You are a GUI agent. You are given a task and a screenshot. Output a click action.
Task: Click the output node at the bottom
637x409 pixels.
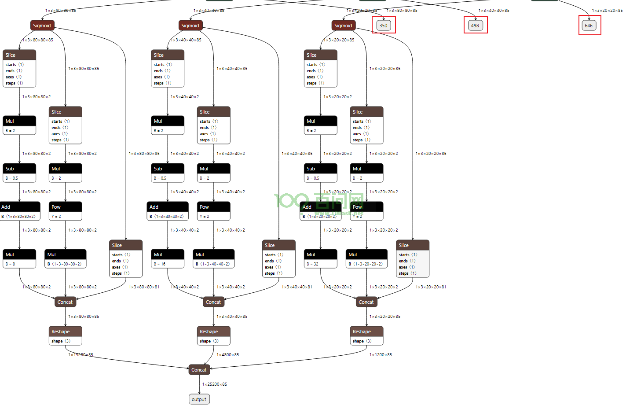coord(199,399)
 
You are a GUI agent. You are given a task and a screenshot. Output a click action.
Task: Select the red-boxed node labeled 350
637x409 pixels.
coord(383,26)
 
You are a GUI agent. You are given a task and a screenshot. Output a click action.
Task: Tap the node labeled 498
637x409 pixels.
coord(475,26)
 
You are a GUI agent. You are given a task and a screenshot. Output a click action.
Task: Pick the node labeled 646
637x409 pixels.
coord(589,26)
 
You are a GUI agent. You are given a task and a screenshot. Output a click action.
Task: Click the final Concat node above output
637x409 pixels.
coord(199,370)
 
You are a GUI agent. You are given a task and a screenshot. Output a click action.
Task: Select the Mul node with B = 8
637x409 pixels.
coord(19,259)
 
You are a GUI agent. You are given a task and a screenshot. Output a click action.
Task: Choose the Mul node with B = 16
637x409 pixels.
coord(168,259)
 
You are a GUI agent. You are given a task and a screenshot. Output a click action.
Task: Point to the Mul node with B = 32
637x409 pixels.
coord(321,259)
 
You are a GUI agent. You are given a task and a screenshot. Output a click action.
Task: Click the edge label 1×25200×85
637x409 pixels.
coord(215,384)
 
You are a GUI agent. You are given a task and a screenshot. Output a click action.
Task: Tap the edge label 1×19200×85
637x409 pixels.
coord(81,355)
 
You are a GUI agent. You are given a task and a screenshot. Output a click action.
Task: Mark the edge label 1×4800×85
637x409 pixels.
coord(227,355)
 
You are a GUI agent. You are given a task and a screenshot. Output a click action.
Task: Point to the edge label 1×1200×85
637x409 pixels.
coord(381,355)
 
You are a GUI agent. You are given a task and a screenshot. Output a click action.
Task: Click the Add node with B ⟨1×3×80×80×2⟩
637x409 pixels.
coord(19,211)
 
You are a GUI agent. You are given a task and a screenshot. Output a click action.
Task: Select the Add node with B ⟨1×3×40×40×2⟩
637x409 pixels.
coord(168,211)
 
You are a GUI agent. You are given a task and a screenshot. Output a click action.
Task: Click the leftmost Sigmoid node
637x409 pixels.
coord(42,26)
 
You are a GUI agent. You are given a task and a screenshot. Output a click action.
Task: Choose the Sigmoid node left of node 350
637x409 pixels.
coord(343,26)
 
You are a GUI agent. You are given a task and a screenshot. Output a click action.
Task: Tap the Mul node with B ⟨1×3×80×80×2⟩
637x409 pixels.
coord(66,259)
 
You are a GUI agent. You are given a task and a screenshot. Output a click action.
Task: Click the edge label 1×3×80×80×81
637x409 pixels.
coord(144,287)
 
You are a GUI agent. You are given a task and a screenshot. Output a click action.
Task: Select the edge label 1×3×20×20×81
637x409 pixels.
coord(431,287)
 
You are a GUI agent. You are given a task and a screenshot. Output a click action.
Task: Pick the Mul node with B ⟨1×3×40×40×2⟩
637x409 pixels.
coord(214,259)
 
